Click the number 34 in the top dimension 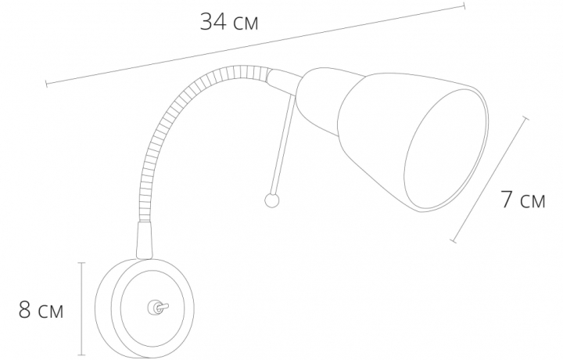[x=213, y=22]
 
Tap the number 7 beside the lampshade [x=507, y=200]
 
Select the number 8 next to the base [x=24, y=311]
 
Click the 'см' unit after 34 [x=245, y=24]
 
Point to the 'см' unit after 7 [x=533, y=202]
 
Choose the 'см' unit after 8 [x=51, y=312]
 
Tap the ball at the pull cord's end [x=271, y=200]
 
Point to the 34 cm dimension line [x=258, y=43]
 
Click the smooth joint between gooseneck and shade [x=282, y=77]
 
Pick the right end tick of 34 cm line [x=464, y=5]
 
